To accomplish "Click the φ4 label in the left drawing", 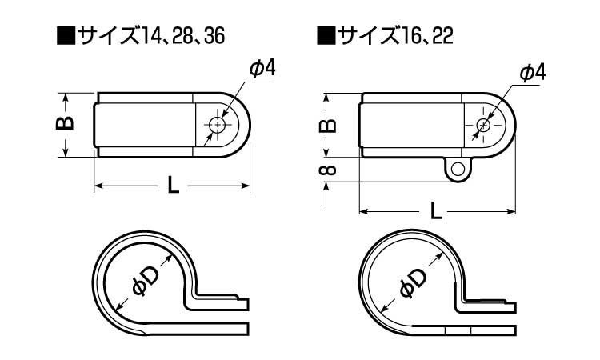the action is (x=262, y=69).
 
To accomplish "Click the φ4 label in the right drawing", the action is (x=532, y=73).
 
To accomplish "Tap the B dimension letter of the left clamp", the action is (x=65, y=123).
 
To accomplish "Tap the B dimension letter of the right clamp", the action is (x=327, y=126).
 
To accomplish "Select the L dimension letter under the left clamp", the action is (x=173, y=186).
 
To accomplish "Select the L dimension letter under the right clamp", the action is (x=436, y=210).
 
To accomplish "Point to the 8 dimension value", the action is (x=327, y=170).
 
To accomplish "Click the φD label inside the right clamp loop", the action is (x=413, y=283).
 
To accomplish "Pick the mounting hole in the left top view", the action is (x=218, y=125).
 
